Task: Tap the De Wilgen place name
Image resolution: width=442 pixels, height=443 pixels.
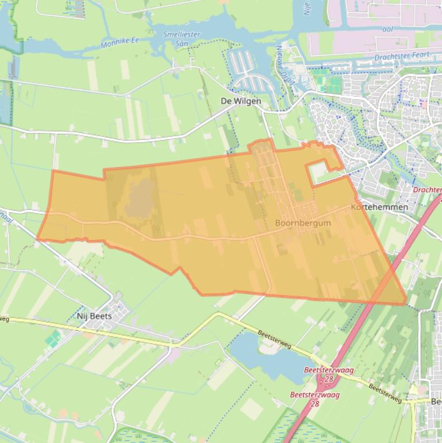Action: point(241,101)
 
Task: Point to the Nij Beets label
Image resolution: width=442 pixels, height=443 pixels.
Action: point(94,316)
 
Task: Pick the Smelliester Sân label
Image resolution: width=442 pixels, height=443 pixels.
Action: point(182,39)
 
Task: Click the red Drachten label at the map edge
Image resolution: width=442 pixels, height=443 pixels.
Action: point(427,190)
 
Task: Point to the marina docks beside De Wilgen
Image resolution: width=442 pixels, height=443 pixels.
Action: point(247,72)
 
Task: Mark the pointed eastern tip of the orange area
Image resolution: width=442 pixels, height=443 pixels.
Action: point(406,303)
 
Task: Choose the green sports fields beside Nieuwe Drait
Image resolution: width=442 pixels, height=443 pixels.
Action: point(330,85)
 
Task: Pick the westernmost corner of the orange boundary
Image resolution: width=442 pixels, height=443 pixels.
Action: point(37,238)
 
